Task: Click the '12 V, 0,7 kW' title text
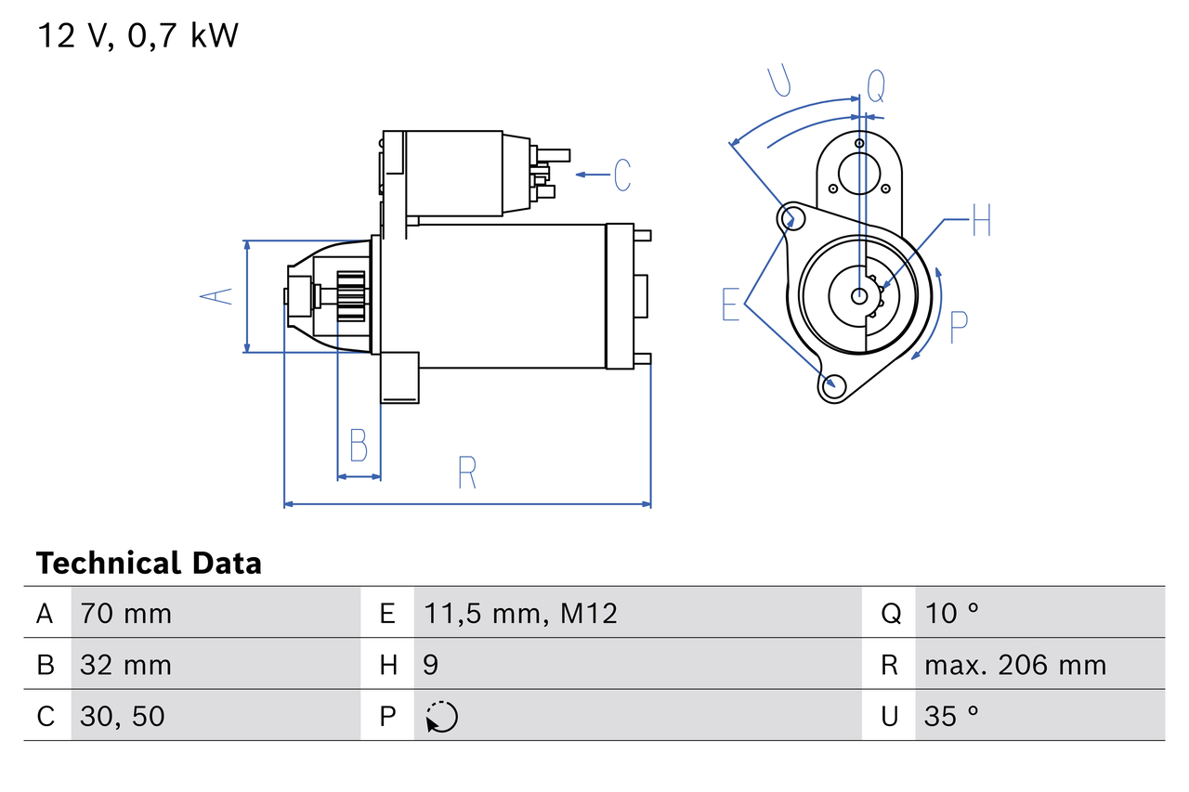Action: [137, 36]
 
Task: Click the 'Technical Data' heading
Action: [149, 564]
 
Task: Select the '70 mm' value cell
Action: [125, 613]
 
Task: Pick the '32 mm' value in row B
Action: [125, 665]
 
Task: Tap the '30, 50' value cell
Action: [123, 716]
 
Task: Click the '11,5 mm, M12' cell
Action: [520, 613]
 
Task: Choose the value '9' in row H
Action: [432, 665]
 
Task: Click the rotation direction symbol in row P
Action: [441, 717]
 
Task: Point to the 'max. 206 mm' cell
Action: [1015, 665]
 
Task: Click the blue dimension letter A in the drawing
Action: [216, 296]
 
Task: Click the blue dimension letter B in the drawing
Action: [359, 446]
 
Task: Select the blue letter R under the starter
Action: [466, 473]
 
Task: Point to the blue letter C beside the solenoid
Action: [621, 175]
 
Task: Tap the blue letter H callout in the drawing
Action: [982, 223]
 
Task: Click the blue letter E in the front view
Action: [731, 305]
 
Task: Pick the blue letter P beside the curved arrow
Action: [959, 327]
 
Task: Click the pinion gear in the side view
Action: [351, 296]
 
